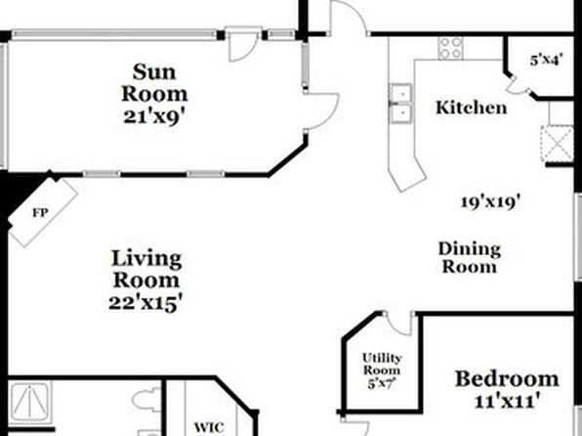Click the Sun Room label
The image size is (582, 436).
pyautogui.click(x=154, y=83)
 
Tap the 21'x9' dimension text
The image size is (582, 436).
pyautogui.click(x=154, y=117)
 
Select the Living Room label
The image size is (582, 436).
pyautogui.click(x=146, y=269)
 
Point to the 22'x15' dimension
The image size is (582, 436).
pyautogui.click(x=146, y=303)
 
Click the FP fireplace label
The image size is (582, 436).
pyautogui.click(x=40, y=213)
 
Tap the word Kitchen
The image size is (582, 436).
pyautogui.click(x=471, y=108)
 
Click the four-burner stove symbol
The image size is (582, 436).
pyautogui.click(x=450, y=48)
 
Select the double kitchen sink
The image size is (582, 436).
pyautogui.click(x=400, y=104)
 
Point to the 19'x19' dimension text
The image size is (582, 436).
pyautogui.click(x=490, y=202)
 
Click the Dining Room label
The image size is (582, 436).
pyautogui.click(x=470, y=258)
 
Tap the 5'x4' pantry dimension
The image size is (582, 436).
pyautogui.click(x=546, y=60)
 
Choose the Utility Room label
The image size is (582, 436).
pyautogui.click(x=382, y=365)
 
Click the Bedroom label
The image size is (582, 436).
pyautogui.click(x=507, y=379)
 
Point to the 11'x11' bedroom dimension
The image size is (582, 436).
pyautogui.click(x=507, y=401)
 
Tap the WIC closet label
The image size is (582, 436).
pyautogui.click(x=209, y=427)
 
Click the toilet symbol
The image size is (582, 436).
pyautogui.click(x=147, y=400)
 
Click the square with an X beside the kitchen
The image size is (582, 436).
pyautogui.click(x=558, y=145)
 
